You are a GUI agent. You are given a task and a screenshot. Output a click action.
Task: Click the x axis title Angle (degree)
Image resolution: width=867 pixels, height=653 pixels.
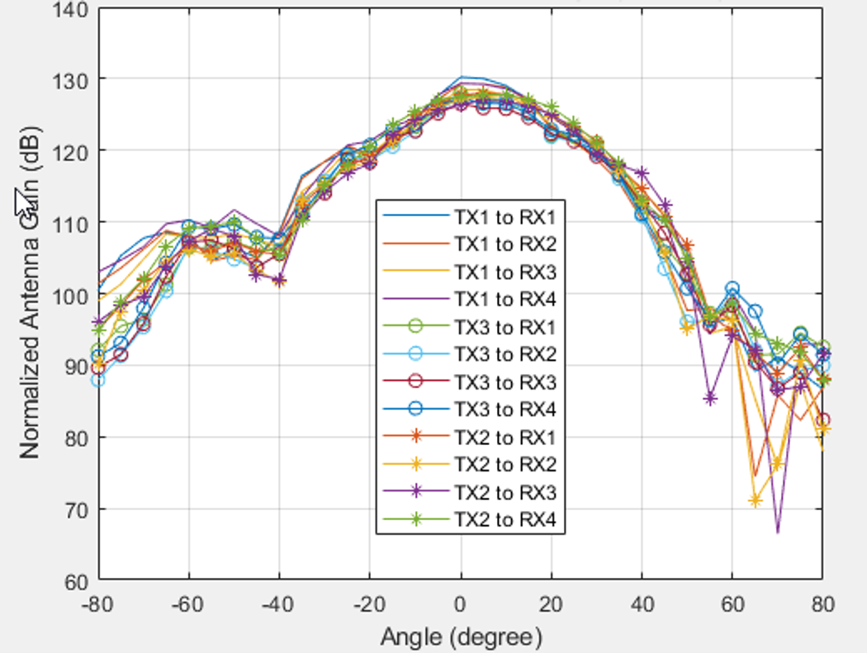461,636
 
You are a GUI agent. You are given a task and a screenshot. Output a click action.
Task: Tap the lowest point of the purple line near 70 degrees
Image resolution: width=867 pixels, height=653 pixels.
777,532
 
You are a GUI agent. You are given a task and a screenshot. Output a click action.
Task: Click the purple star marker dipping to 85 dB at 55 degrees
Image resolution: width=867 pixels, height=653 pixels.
709,400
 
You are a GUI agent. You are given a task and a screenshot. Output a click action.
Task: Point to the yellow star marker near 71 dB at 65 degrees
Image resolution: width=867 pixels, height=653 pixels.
755,501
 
